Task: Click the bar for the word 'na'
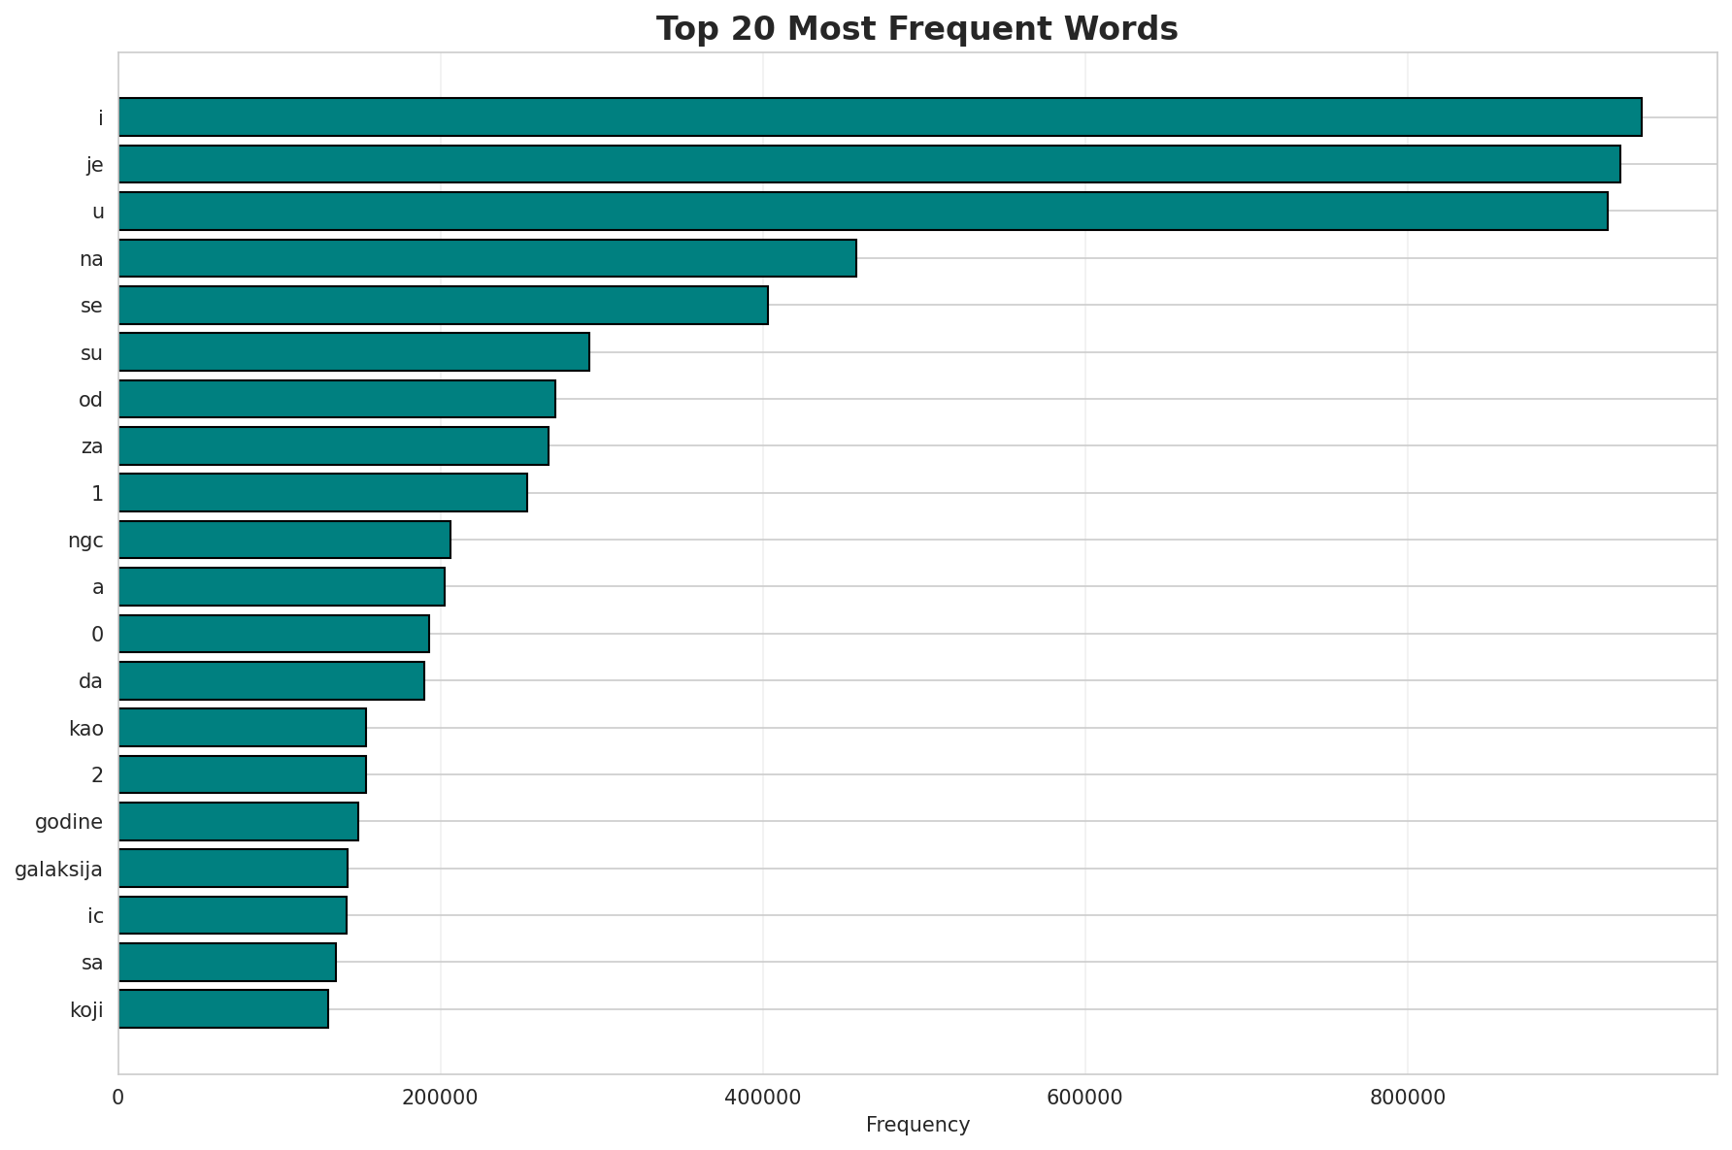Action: point(487,258)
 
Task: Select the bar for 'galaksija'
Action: point(233,868)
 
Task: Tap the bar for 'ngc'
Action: point(284,540)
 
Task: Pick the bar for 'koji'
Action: point(223,1008)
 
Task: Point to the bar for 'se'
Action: point(443,305)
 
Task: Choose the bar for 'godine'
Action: point(238,821)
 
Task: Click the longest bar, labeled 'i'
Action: point(880,116)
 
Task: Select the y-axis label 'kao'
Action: point(86,728)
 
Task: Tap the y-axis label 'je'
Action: point(94,165)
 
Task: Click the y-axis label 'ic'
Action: point(95,915)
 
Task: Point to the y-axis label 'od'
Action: point(90,399)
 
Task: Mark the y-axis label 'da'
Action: point(90,681)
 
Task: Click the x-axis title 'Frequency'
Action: point(917,1125)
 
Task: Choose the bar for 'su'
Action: point(353,351)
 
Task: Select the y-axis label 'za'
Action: point(92,446)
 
